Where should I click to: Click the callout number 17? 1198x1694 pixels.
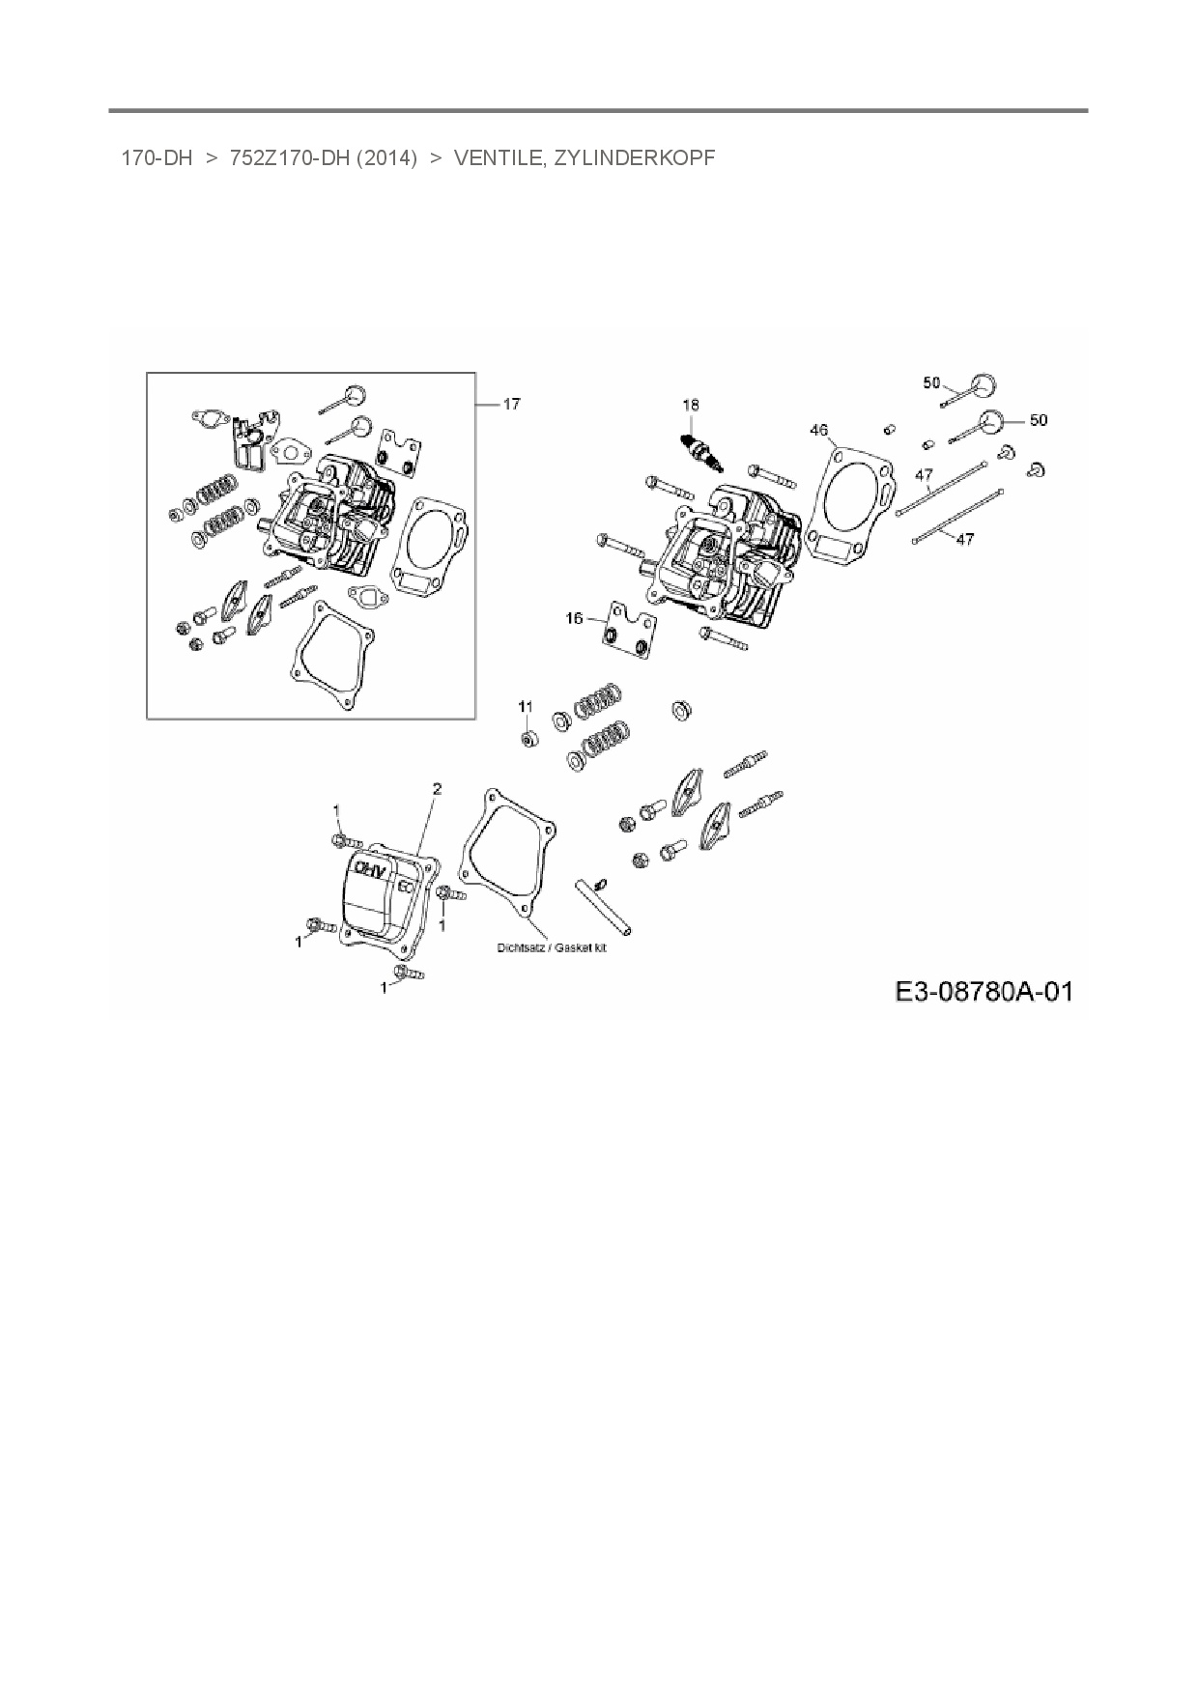click(512, 404)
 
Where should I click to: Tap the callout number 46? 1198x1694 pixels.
click(818, 430)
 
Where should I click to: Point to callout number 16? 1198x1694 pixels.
click(575, 618)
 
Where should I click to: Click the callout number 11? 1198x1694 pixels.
click(525, 707)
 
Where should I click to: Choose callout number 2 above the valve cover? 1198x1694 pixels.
click(437, 789)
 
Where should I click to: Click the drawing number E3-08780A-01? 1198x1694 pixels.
click(984, 992)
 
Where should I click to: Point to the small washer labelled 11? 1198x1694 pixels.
click(528, 739)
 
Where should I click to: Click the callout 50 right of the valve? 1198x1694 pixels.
click(1038, 420)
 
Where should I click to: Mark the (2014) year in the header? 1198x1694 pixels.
click(386, 158)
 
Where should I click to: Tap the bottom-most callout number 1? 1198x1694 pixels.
click(385, 987)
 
